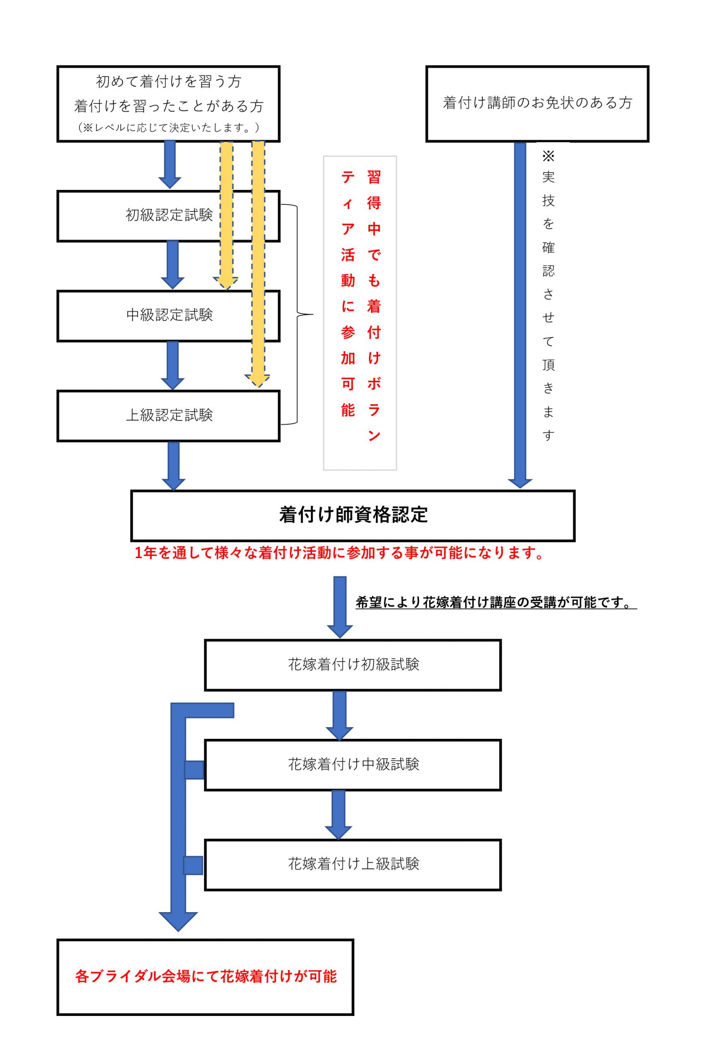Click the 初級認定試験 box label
point(169,215)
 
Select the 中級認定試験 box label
point(169,315)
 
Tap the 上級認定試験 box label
point(169,415)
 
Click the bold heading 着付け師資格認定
point(353,515)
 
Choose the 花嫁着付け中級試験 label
point(354,764)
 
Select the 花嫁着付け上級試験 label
point(354,864)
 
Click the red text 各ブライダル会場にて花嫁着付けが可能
point(206,976)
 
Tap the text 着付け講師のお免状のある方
point(537,103)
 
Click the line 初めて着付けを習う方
point(169,81)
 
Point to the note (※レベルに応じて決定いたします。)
point(169,128)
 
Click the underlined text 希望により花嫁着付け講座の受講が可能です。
point(495,602)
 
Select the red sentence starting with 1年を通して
point(340,553)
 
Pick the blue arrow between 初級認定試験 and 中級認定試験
point(172,266)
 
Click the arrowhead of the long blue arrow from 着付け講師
point(520,482)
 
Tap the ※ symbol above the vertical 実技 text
point(548,156)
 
